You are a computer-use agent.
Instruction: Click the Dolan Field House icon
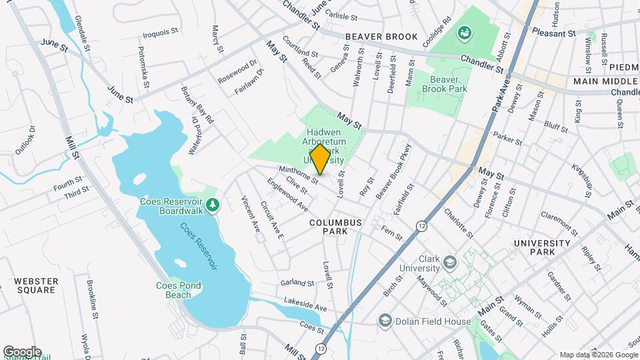point(384,321)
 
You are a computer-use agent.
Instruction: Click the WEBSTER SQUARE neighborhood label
point(36,285)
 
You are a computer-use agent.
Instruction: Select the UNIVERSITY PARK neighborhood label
point(542,247)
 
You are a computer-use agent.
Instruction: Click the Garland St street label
point(297,283)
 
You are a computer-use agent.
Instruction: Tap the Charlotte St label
point(459,223)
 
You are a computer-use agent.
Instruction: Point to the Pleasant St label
point(553,33)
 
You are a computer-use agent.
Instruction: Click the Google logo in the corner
point(22,351)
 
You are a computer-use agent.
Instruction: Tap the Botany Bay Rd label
point(199,108)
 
